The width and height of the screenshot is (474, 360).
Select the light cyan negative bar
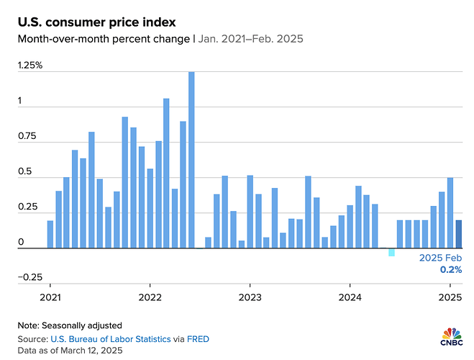click(x=391, y=252)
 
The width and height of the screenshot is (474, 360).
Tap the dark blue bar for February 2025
click(x=458, y=234)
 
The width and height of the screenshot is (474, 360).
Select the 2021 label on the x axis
click(x=50, y=297)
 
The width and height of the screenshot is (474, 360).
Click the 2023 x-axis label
click(x=250, y=297)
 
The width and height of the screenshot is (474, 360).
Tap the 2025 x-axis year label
click(x=450, y=297)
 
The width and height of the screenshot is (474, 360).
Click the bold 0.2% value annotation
click(x=451, y=269)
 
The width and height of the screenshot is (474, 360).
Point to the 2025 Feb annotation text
click(x=441, y=258)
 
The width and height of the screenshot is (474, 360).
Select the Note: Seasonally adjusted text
click(x=60, y=325)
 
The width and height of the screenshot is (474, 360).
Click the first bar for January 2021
click(x=50, y=234)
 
